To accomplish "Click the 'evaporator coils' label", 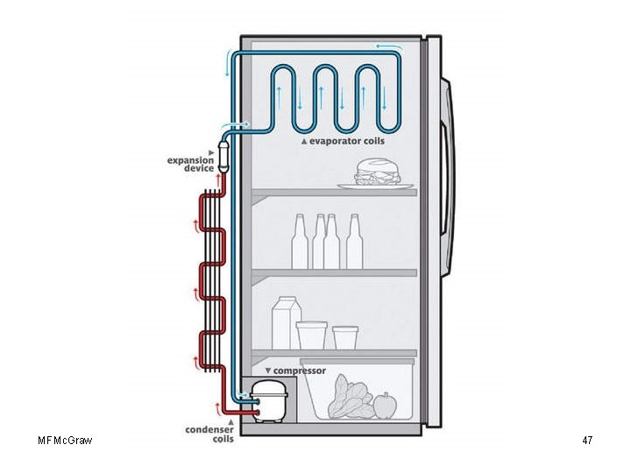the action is (346, 141).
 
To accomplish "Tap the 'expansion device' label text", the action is (191, 164).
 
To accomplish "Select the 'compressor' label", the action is (298, 371).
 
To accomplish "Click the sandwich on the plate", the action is (377, 172).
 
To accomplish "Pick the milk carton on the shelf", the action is (286, 321).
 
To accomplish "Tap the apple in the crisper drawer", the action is (385, 405).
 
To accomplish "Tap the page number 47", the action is (587, 440).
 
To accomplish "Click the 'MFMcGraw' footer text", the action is (66, 440).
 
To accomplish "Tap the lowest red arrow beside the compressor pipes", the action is (217, 406).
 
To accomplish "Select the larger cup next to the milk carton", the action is (311, 335).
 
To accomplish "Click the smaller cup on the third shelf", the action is (345, 337).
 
